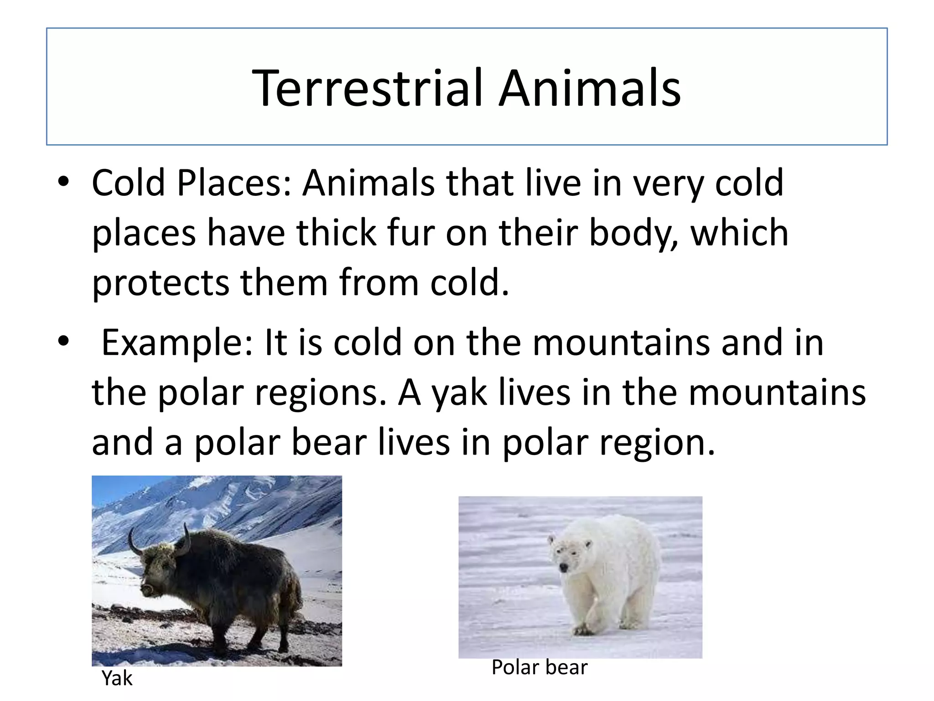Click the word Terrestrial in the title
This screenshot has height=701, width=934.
click(367, 88)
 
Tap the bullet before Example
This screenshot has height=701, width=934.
click(63, 341)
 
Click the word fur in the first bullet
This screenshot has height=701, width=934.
click(410, 233)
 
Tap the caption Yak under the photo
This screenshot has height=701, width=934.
click(117, 678)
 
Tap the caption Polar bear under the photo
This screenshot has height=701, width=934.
click(540, 667)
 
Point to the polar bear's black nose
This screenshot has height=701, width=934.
click(564, 567)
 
